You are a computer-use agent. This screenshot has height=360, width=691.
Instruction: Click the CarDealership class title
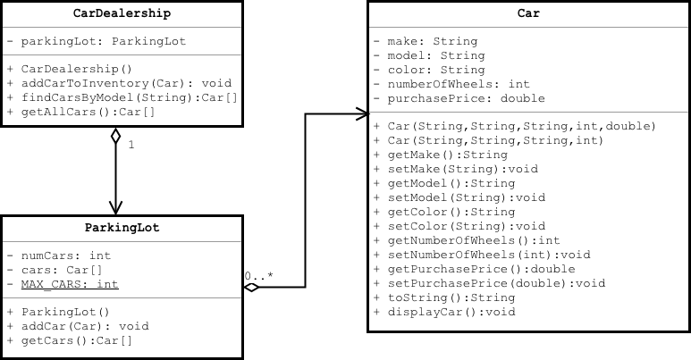click(x=121, y=14)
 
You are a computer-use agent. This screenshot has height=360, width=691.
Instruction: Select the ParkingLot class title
click(x=121, y=229)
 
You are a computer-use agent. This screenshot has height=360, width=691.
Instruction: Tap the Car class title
click(x=528, y=14)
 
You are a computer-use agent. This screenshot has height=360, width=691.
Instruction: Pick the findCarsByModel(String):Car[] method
click(x=122, y=96)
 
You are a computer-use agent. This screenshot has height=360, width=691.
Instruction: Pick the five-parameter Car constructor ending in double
click(x=521, y=126)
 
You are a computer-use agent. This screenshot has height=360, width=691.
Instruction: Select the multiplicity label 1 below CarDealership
click(x=131, y=144)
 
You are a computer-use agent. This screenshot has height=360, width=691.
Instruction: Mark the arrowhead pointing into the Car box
click(x=362, y=113)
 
